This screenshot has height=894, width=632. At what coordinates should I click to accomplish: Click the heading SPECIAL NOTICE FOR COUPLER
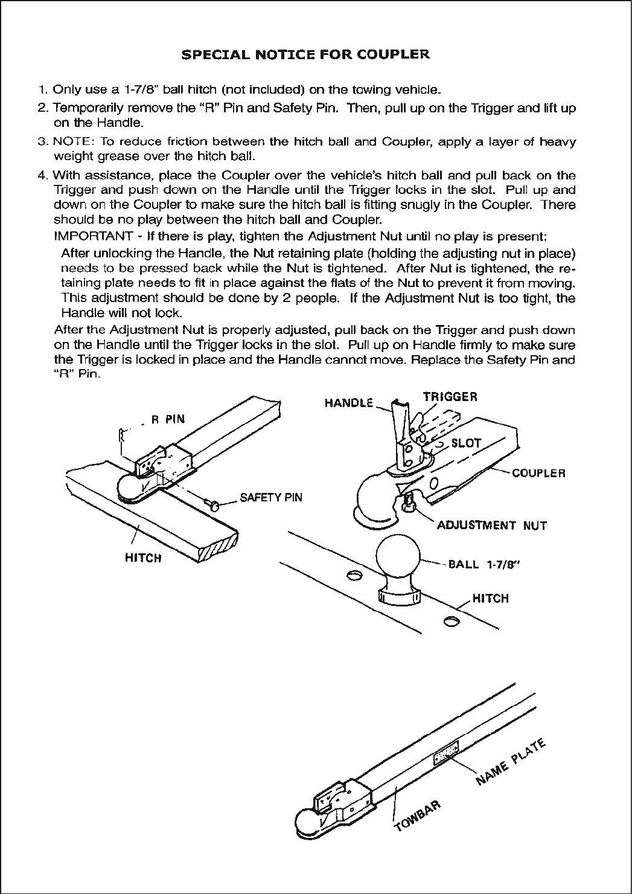point(305,55)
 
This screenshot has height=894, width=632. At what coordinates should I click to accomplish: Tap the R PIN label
point(168,420)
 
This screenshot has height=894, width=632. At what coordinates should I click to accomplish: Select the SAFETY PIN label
point(270,498)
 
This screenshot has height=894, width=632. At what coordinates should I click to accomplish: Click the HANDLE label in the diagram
point(349,403)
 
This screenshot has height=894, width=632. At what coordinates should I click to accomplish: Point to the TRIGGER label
point(450,397)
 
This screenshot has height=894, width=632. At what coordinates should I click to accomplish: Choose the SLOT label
point(466,443)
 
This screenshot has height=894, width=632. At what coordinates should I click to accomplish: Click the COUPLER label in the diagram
point(538,473)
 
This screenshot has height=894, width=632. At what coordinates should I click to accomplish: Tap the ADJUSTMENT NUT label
point(491,525)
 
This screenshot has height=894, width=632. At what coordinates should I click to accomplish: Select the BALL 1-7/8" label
point(484,565)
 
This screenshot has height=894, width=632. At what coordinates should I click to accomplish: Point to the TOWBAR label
point(417,815)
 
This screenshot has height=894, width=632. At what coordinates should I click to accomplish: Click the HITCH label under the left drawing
point(143,558)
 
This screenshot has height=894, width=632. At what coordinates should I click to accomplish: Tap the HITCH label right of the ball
point(490,599)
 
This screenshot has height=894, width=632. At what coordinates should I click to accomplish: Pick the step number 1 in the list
point(42,90)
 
